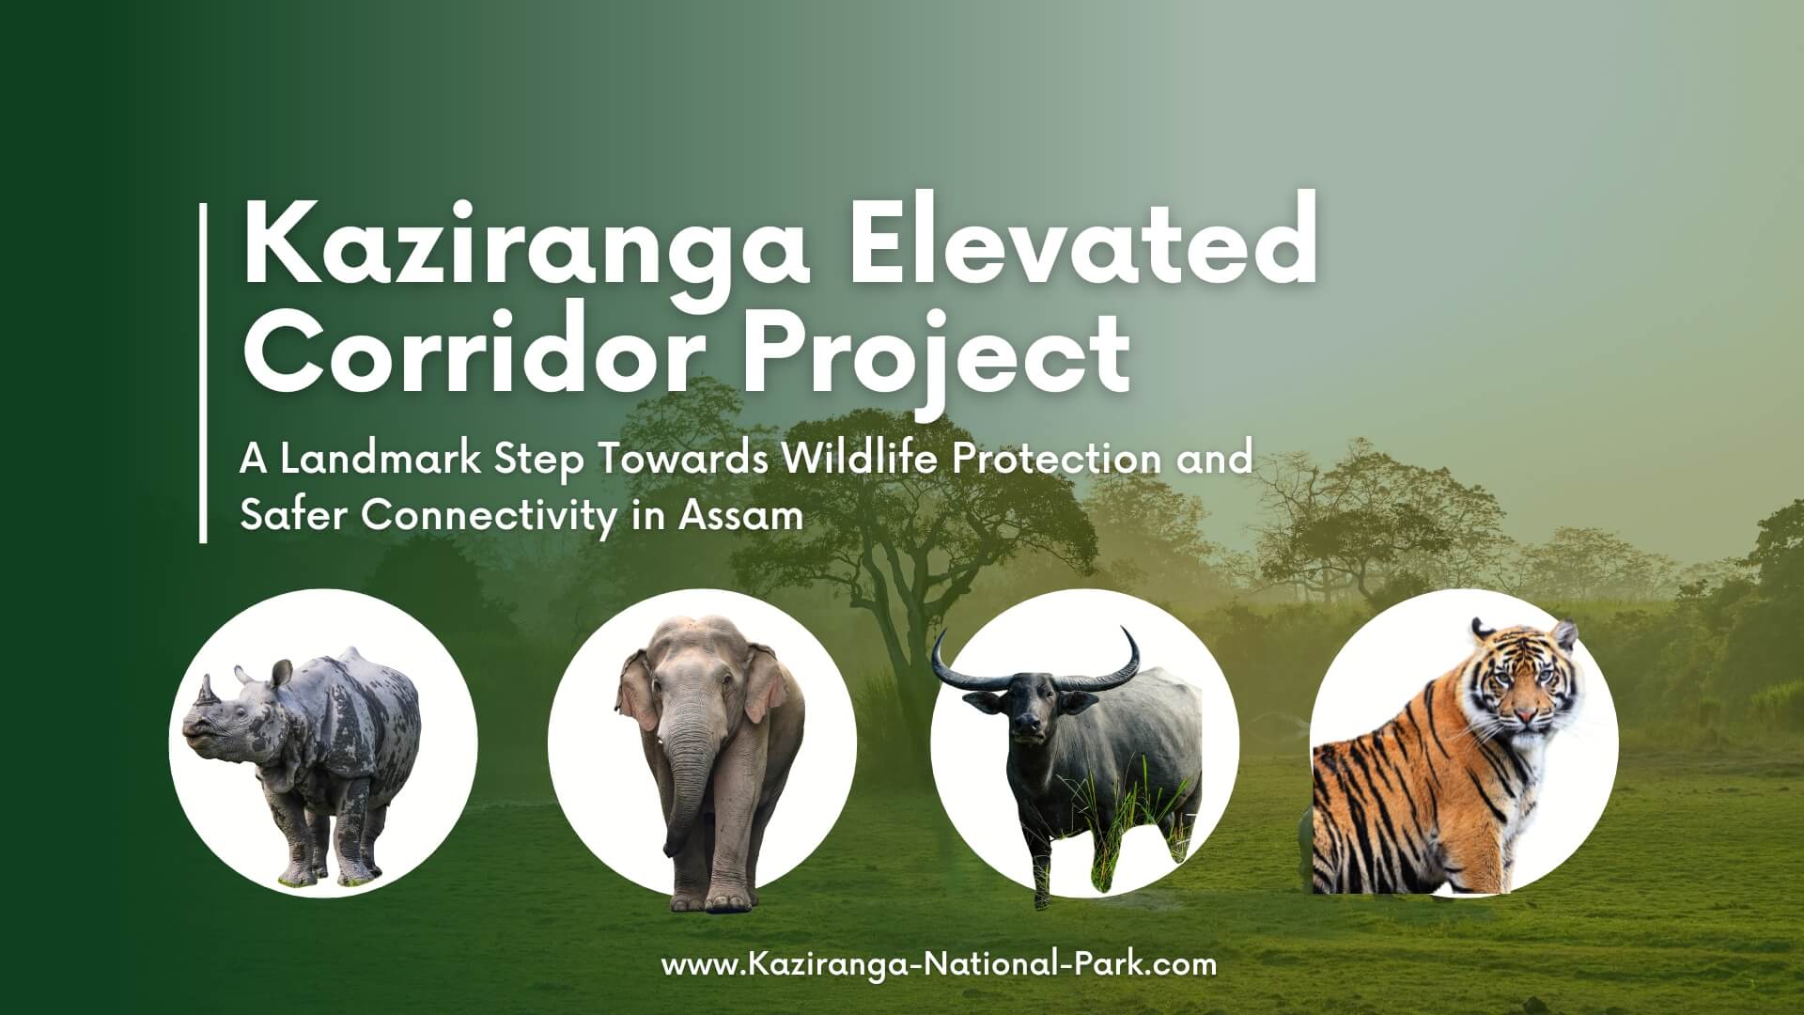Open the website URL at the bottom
(939, 964)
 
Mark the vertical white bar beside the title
(203, 373)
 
